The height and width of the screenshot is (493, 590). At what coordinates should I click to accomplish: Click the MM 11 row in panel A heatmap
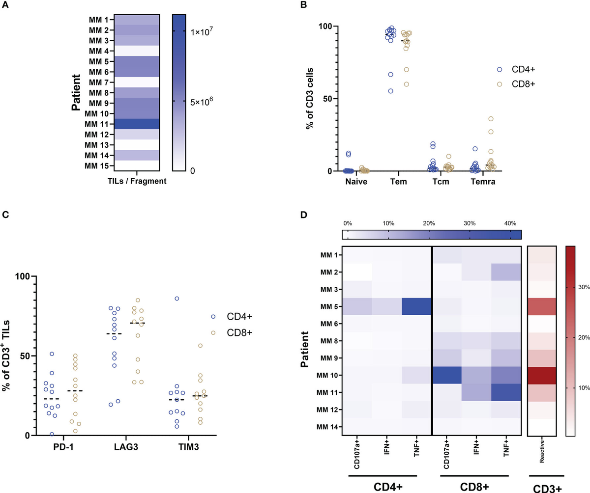(x=135, y=124)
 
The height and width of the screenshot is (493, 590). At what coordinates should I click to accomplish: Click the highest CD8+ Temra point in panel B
(x=490, y=119)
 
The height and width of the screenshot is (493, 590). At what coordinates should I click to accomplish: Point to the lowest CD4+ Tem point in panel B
(x=391, y=91)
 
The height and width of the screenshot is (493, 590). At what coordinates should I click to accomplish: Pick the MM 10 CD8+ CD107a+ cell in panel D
(x=446, y=375)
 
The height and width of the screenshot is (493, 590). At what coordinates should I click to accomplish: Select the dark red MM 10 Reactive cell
(x=541, y=376)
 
